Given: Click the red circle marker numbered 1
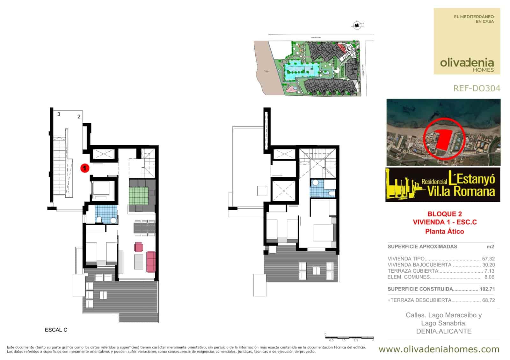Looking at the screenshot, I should coord(84,168).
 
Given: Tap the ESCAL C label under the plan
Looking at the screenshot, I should coord(56,330).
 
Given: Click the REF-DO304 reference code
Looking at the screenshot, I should coord(477,88).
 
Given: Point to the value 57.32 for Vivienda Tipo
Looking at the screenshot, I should coord(488,259).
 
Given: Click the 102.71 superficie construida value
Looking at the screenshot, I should coord(487,289).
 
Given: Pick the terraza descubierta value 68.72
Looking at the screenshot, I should coord(488,300).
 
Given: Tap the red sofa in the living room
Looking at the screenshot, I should coord(150,261).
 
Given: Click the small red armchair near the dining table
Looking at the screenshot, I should coord(139,247).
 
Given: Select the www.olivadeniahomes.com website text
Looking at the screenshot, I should coord(439,349).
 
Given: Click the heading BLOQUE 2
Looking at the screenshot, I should coord(444,214).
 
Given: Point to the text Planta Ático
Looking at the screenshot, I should coord(444,232).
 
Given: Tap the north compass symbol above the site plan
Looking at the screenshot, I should coord(357,25).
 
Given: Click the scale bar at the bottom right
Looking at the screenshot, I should coord(349,337).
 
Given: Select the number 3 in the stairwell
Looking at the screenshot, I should coord(59,114).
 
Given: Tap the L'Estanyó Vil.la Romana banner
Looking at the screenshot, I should coord(442,184).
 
